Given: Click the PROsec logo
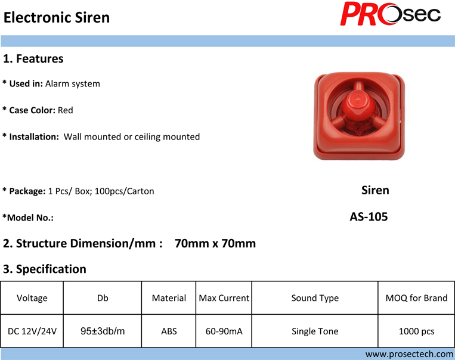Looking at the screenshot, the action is click(390, 14).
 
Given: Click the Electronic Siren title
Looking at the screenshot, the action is click(57, 17).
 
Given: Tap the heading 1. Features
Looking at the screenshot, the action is click(33, 58).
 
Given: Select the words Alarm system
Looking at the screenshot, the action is click(73, 83).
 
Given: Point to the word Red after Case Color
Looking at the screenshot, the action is click(65, 110).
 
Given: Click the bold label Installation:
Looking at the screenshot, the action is click(34, 136).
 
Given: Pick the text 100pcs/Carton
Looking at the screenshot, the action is click(124, 191).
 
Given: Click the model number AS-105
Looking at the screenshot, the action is click(369, 217).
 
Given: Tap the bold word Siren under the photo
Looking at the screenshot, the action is click(375, 190).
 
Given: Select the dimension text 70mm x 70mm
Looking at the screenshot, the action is click(215, 243).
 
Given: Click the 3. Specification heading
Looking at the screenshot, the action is click(45, 269).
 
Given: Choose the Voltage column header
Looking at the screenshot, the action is click(32, 298).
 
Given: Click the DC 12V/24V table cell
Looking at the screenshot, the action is click(32, 331).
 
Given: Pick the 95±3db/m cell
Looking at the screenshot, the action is click(103, 331).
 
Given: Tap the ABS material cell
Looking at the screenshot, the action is click(169, 331).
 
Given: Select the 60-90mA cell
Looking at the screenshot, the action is click(224, 331).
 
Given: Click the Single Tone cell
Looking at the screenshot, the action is click(315, 331).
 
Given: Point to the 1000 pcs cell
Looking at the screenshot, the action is click(416, 331).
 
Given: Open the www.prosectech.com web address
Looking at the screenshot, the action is click(409, 354).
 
